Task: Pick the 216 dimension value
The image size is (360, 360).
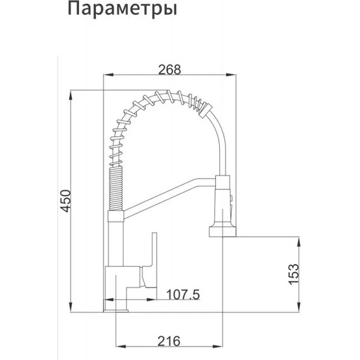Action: point(169,342)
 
